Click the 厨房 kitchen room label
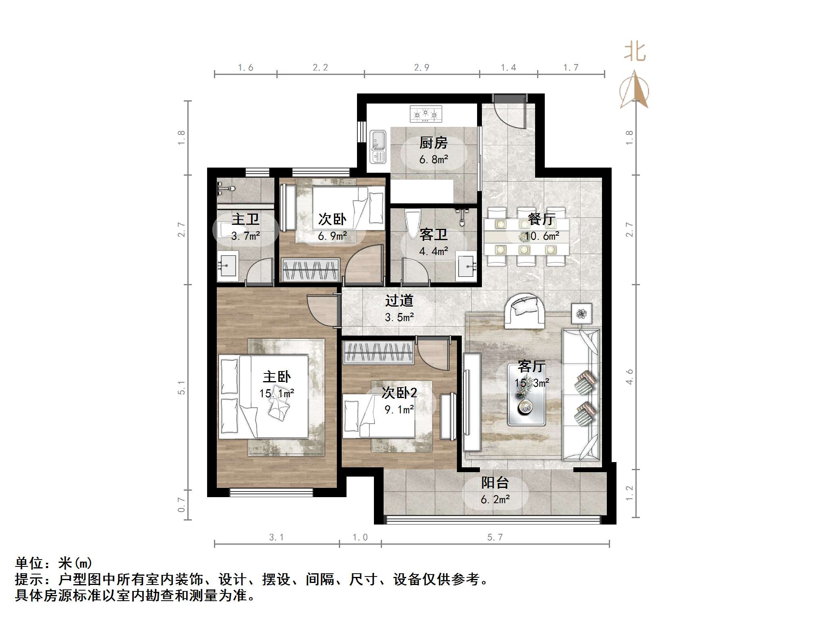433,143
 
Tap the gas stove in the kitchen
425,114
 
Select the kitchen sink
378,147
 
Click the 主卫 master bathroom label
245,219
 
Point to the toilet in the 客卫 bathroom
413,224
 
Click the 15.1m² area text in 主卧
276,393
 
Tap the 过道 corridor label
399,301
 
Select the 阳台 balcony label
495,483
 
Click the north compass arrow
634,90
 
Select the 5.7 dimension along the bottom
495,537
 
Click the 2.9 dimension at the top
421,67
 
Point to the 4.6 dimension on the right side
629,377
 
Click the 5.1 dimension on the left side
182,388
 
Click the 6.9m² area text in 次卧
332,236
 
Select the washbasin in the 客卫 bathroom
467,265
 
